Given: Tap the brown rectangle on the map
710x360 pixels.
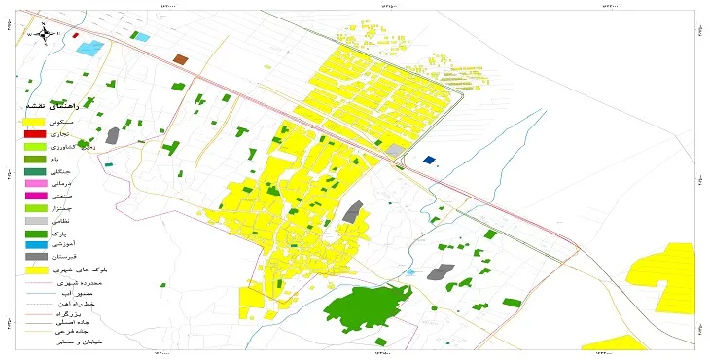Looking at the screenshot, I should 180,59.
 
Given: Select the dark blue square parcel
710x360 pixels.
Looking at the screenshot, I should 430,161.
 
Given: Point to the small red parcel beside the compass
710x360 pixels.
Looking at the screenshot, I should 75,36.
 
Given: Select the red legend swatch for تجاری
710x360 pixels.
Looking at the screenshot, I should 35,134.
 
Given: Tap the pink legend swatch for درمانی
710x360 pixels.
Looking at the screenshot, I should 35,183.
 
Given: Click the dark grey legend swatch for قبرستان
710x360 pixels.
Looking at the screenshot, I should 35,256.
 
